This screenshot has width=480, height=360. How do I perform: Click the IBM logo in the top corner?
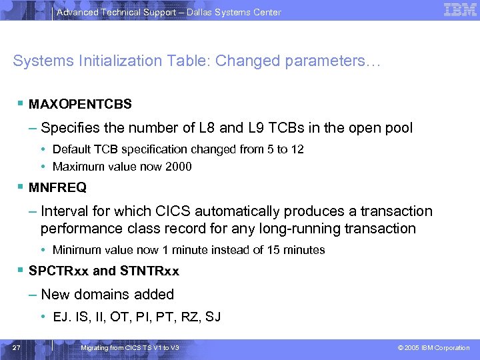(x=460, y=10)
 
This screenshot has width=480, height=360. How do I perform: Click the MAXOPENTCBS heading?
(x=80, y=105)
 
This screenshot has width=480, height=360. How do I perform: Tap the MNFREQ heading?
(x=57, y=188)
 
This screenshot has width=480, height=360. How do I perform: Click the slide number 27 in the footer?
(x=17, y=348)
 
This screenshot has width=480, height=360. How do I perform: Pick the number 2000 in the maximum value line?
(x=177, y=167)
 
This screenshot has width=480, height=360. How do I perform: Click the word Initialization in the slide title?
(x=97, y=61)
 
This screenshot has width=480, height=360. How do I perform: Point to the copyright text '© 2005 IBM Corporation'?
(x=433, y=348)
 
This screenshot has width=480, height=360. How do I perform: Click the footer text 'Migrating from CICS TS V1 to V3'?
(x=129, y=348)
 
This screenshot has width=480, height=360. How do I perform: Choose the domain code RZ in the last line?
(x=187, y=317)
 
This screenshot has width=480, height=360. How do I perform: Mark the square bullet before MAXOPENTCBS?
(x=23, y=104)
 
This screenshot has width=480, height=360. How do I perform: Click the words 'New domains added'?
(x=107, y=294)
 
